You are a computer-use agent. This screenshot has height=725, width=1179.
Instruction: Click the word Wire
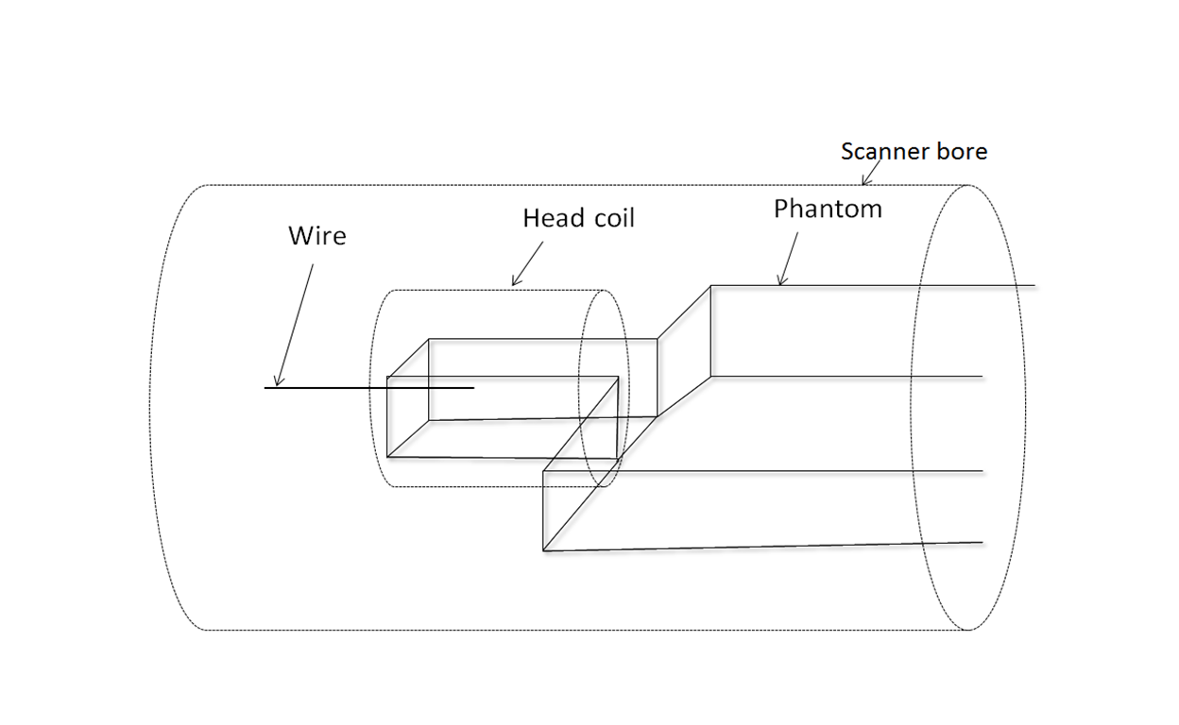[x=316, y=236]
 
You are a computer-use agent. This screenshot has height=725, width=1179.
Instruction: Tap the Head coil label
[x=578, y=219]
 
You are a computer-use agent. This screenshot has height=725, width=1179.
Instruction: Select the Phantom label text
[x=828, y=210]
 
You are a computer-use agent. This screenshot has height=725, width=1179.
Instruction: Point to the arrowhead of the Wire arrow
[x=277, y=384]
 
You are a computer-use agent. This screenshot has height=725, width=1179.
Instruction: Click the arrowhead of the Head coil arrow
[x=514, y=283]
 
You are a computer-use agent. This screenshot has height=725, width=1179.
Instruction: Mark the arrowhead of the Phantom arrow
[x=779, y=282]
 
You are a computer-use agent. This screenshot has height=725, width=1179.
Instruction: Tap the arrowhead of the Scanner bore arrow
[x=864, y=183]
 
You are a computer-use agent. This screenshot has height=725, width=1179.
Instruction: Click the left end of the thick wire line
[x=265, y=388]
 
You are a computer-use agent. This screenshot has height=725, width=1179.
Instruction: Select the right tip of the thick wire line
[x=473, y=388]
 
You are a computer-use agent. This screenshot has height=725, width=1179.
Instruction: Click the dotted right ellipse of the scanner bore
[x=1024, y=406]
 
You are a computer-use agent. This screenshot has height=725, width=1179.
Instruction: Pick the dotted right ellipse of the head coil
[x=627, y=387]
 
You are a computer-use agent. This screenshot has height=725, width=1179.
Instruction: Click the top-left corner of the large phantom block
[x=711, y=285]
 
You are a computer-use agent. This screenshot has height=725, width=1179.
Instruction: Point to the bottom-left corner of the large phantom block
[x=543, y=550]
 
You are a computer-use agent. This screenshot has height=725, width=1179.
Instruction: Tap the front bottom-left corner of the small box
[x=387, y=457]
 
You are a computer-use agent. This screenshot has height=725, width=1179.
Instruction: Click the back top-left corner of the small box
[x=429, y=339]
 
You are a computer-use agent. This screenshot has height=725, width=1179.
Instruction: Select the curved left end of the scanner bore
[x=150, y=406]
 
